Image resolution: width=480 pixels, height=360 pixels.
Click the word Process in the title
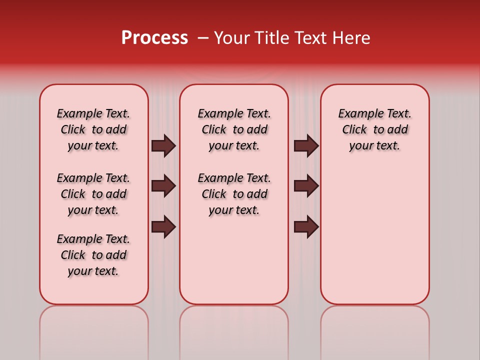[x=154, y=38]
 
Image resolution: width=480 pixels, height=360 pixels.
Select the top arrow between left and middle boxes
[x=163, y=145]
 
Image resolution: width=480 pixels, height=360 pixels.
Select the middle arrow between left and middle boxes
[x=163, y=186]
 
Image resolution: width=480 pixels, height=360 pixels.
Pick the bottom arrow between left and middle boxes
[x=163, y=226]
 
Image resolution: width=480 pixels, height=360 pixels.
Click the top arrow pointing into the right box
[x=306, y=145]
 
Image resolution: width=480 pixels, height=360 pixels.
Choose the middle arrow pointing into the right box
[x=306, y=186]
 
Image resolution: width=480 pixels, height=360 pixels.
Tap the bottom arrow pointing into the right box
[x=306, y=226]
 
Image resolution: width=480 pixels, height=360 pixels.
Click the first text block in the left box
[x=93, y=129]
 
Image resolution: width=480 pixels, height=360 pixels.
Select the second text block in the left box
[x=93, y=194]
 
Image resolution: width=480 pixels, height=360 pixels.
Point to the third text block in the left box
[x=93, y=255]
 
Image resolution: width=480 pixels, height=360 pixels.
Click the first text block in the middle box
[x=234, y=129]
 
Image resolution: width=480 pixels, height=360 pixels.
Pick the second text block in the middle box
[x=234, y=194]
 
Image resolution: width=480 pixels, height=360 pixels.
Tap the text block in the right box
[x=375, y=129]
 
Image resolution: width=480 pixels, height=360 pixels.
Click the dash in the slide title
[x=203, y=38]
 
